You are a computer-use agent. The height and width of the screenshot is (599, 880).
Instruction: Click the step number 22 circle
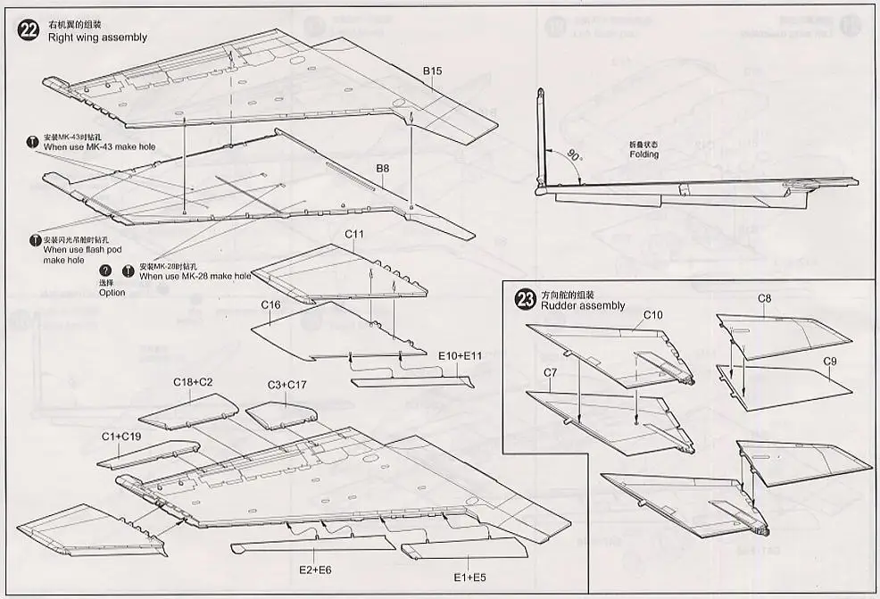(x=29, y=29)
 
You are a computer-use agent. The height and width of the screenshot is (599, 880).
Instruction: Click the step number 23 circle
(x=526, y=299)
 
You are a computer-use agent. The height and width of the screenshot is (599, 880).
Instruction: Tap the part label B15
(x=433, y=71)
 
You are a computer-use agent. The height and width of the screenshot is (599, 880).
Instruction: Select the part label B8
(x=382, y=167)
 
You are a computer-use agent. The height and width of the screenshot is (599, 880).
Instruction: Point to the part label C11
(x=355, y=234)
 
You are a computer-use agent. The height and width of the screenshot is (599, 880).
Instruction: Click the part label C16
(x=271, y=304)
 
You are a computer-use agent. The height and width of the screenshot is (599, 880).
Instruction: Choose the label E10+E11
(x=461, y=355)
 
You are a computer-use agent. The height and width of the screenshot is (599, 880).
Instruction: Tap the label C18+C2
(x=193, y=382)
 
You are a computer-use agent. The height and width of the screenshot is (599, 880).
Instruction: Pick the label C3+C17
(x=287, y=385)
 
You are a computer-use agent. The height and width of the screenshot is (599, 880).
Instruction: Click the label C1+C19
(x=120, y=436)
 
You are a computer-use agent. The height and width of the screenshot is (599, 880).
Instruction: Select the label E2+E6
(x=316, y=570)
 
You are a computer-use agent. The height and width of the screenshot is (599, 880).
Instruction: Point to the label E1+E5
(x=469, y=578)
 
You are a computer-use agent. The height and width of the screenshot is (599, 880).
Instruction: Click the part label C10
(x=652, y=314)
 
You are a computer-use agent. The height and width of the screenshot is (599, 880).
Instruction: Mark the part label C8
(x=765, y=298)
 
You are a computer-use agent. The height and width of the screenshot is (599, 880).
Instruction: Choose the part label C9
(x=829, y=361)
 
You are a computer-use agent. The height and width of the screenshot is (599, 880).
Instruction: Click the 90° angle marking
(x=570, y=154)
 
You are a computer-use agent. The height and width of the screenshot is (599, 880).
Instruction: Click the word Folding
(x=643, y=154)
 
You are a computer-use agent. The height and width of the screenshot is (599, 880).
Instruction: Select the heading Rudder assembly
(x=583, y=306)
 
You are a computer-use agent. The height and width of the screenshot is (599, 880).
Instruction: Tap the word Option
(x=112, y=293)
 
